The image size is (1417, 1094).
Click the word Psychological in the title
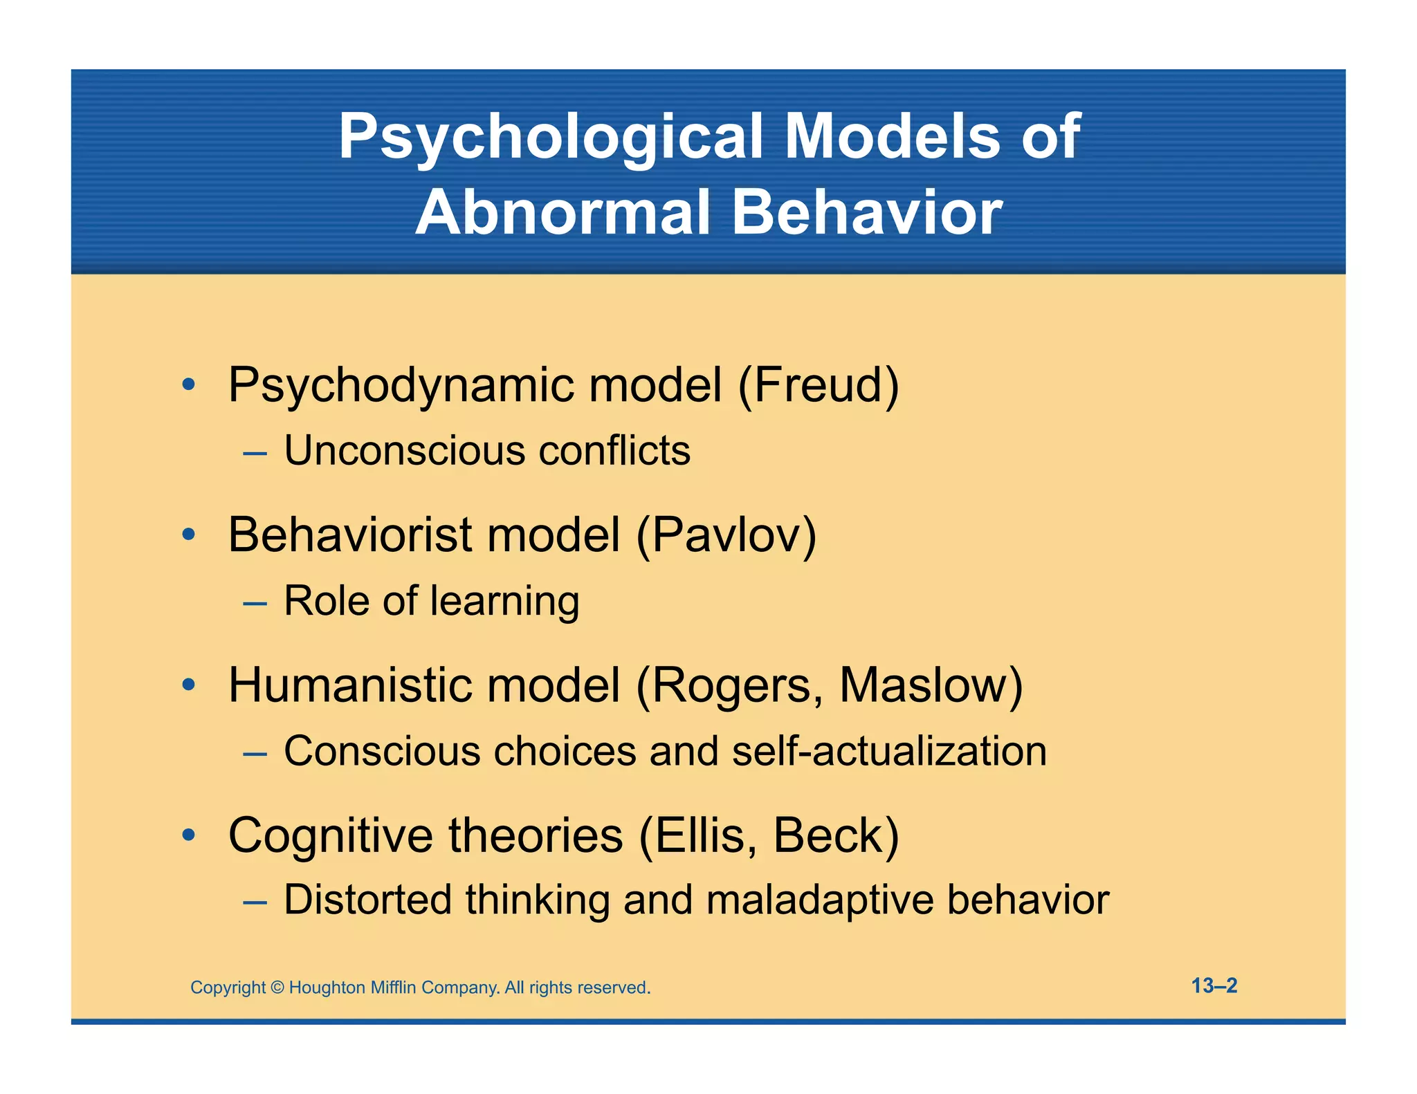tap(551, 137)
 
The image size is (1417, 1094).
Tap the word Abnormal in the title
tap(563, 212)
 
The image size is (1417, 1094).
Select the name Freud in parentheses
tap(819, 385)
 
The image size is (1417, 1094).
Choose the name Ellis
tap(700, 835)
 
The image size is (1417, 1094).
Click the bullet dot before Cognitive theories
tap(188, 835)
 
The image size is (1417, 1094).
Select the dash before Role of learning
tap(255, 603)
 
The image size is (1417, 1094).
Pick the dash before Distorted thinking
tap(255, 902)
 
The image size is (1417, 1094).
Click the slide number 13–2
tap(1214, 985)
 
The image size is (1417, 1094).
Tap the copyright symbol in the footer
tap(277, 988)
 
